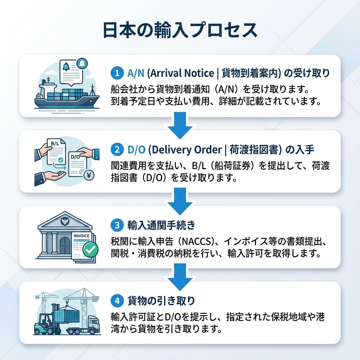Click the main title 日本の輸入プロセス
180,31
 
